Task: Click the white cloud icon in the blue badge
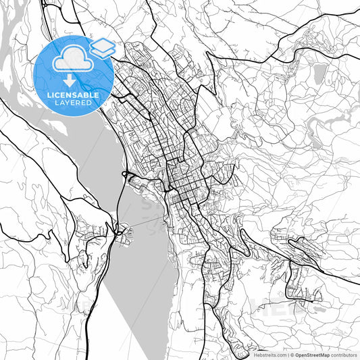point(72,61)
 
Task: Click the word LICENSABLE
point(72,95)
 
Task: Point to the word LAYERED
point(72,103)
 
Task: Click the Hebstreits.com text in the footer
point(269,355)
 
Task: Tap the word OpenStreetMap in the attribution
point(311,355)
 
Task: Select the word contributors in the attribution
point(344,355)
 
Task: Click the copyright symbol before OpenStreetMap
point(291,355)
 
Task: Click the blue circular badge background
point(51,81)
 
